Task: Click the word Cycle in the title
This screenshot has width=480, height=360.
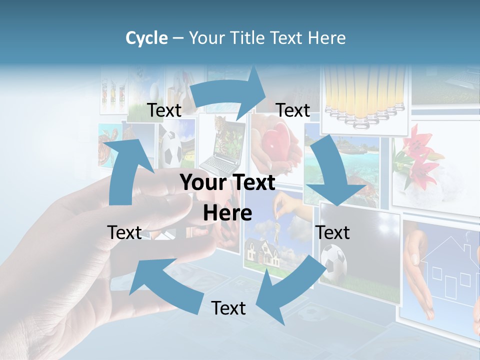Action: [146, 38]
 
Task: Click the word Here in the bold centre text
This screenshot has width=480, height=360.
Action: [227, 213]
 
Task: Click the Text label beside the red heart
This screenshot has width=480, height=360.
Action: [293, 110]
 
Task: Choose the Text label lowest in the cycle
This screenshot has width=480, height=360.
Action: [228, 308]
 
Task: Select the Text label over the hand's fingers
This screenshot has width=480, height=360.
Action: [124, 232]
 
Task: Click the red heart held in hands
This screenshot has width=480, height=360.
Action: [274, 142]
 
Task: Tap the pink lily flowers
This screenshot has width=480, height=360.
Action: [417, 155]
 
